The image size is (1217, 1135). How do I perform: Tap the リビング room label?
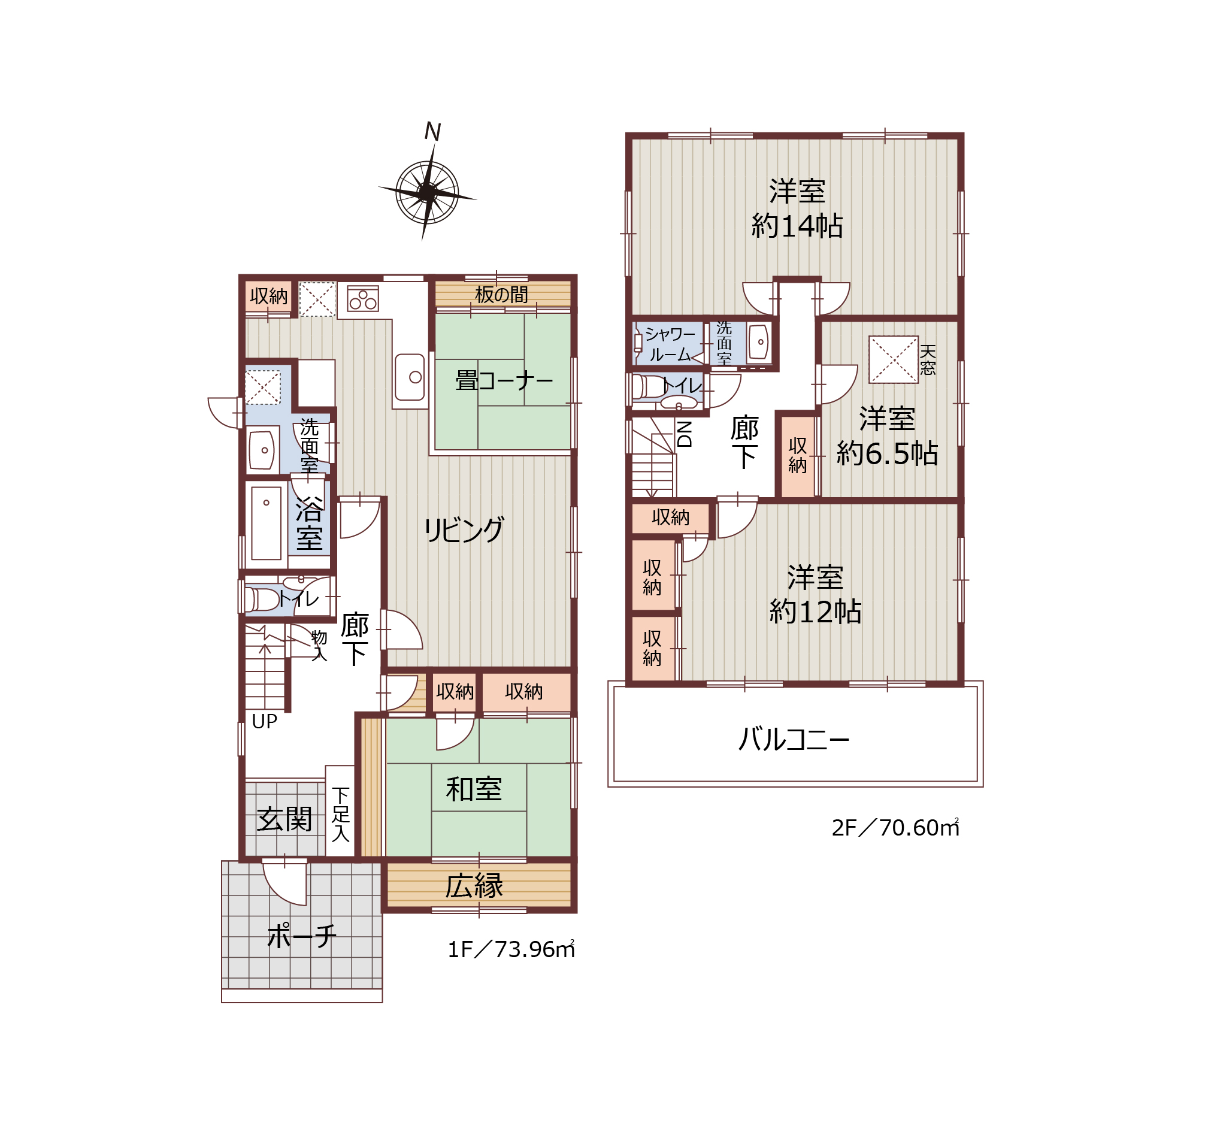click(464, 530)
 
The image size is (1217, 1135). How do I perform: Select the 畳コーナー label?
click(504, 381)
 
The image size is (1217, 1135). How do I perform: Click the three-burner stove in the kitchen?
click(363, 299)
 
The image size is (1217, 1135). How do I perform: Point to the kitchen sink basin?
click(410, 377)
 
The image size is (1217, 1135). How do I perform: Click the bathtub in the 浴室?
click(267, 523)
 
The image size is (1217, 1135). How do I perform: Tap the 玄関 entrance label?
click(284, 819)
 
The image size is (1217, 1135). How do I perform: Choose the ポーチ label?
click(302, 937)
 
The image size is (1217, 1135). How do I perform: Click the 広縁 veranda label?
click(474, 886)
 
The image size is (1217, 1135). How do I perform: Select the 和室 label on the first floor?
click(474, 789)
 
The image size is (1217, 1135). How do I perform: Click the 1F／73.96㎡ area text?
click(511, 949)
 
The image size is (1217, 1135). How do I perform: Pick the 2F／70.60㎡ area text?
click(895, 828)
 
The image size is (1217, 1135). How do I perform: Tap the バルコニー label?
click(794, 740)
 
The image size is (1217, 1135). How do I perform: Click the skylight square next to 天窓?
click(894, 360)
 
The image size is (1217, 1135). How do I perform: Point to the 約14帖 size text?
click(797, 226)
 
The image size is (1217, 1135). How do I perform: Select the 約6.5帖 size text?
click(887, 453)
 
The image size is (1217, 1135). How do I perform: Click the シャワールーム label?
click(670, 344)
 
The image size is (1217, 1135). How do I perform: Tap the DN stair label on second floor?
click(685, 434)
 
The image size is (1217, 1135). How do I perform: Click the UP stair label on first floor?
click(265, 722)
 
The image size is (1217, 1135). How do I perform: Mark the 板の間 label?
click(501, 295)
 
